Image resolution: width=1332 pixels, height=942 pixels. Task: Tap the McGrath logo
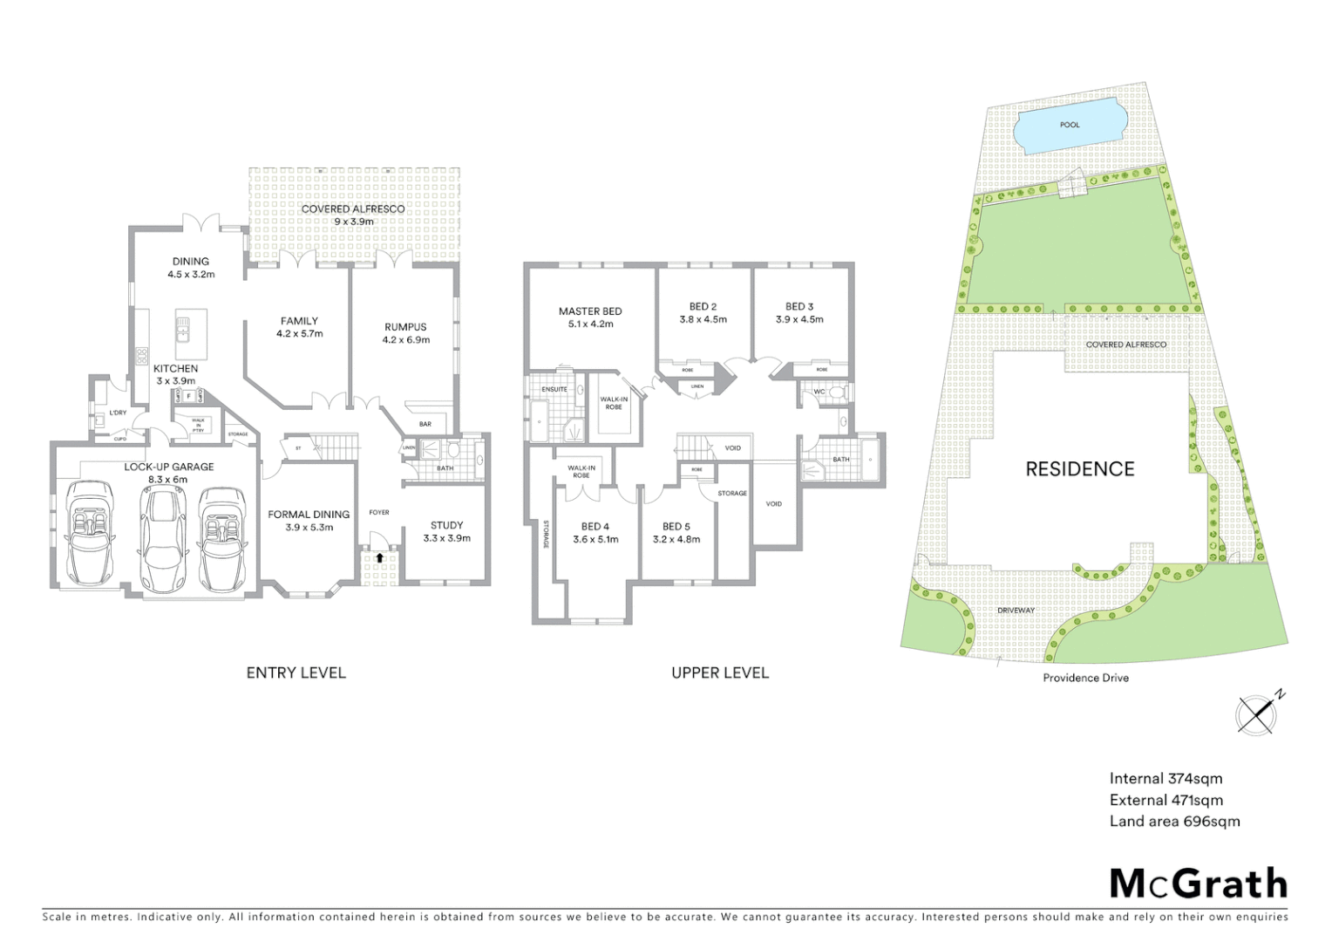pyautogui.click(x=1198, y=884)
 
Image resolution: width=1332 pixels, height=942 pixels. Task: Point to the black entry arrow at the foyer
pyautogui.click(x=379, y=557)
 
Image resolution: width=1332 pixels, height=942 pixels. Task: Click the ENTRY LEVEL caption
pyautogui.click(x=296, y=672)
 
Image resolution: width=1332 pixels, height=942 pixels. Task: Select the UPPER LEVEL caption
pyautogui.click(x=719, y=672)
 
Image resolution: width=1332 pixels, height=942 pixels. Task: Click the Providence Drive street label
pyautogui.click(x=1085, y=678)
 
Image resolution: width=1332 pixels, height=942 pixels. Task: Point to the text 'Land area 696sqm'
pyautogui.click(x=1173, y=821)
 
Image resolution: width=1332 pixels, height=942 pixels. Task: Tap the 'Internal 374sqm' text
pyautogui.click(x=1165, y=779)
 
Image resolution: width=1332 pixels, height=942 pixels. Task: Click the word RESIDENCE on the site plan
pyautogui.click(x=1079, y=469)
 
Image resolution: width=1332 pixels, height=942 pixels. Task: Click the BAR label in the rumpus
pyautogui.click(x=425, y=424)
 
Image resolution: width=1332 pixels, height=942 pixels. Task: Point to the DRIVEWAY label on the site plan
pyautogui.click(x=1016, y=611)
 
